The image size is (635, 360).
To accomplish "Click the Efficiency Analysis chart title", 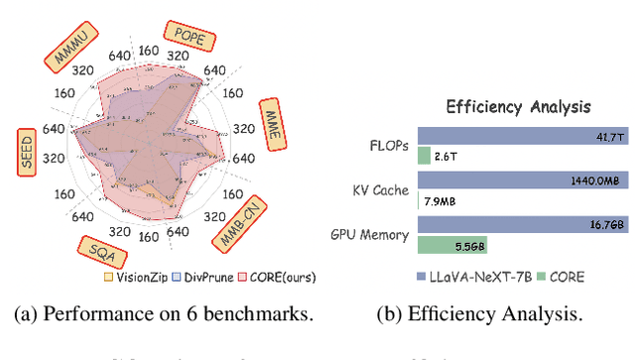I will tap(519, 106).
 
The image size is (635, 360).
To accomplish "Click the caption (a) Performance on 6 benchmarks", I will tap(164, 313).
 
